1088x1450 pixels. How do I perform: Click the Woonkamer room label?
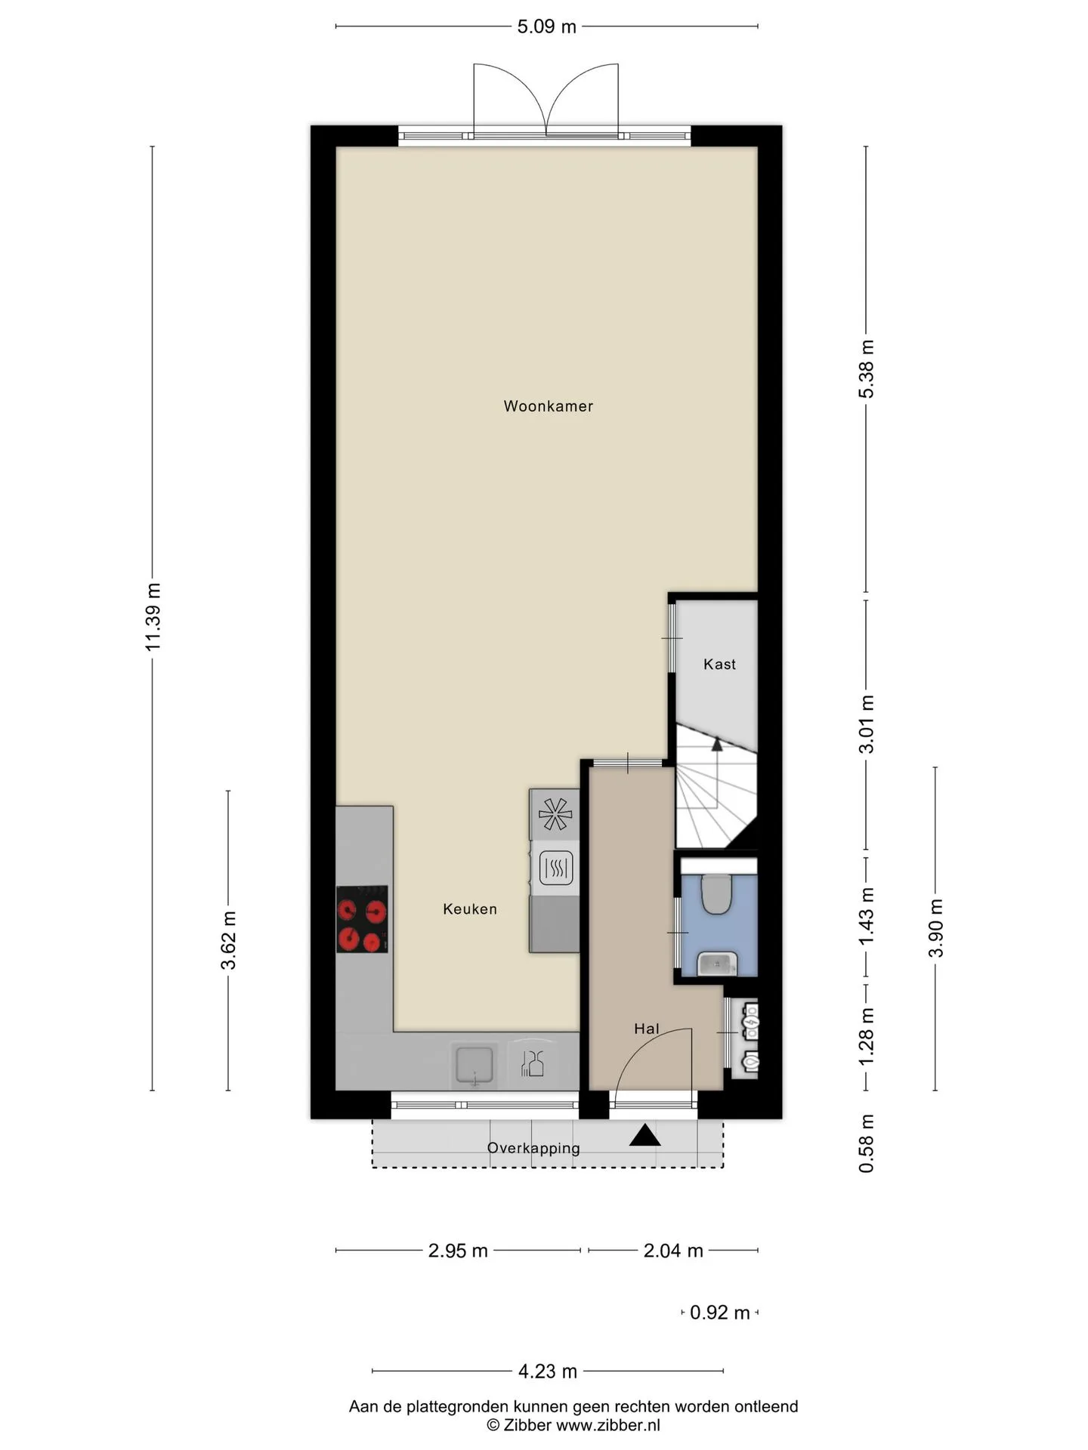point(548,406)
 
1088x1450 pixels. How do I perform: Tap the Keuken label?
point(470,909)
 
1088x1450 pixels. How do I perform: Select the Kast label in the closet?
point(719,665)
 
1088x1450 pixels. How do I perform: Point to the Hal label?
point(647,1029)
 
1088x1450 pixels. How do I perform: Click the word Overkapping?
point(533,1149)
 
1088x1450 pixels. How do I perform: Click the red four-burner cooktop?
point(362,919)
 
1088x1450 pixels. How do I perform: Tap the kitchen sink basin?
point(474,1065)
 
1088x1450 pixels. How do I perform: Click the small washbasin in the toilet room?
point(716,964)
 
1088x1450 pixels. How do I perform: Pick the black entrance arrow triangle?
point(645,1136)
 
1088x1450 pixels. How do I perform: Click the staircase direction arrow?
point(716,745)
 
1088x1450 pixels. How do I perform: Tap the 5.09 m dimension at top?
point(546,27)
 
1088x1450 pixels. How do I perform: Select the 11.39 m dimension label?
point(153,617)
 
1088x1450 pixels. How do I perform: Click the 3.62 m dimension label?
point(228,940)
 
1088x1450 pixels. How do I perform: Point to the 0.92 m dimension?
point(719,1313)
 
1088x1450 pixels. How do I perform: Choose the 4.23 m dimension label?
point(548,1371)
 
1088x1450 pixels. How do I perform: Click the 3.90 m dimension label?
point(936,928)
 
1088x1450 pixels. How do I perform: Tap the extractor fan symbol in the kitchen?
point(555,814)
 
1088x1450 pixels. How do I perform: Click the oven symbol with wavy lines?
point(555,868)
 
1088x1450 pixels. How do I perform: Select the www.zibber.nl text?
point(608,1425)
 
